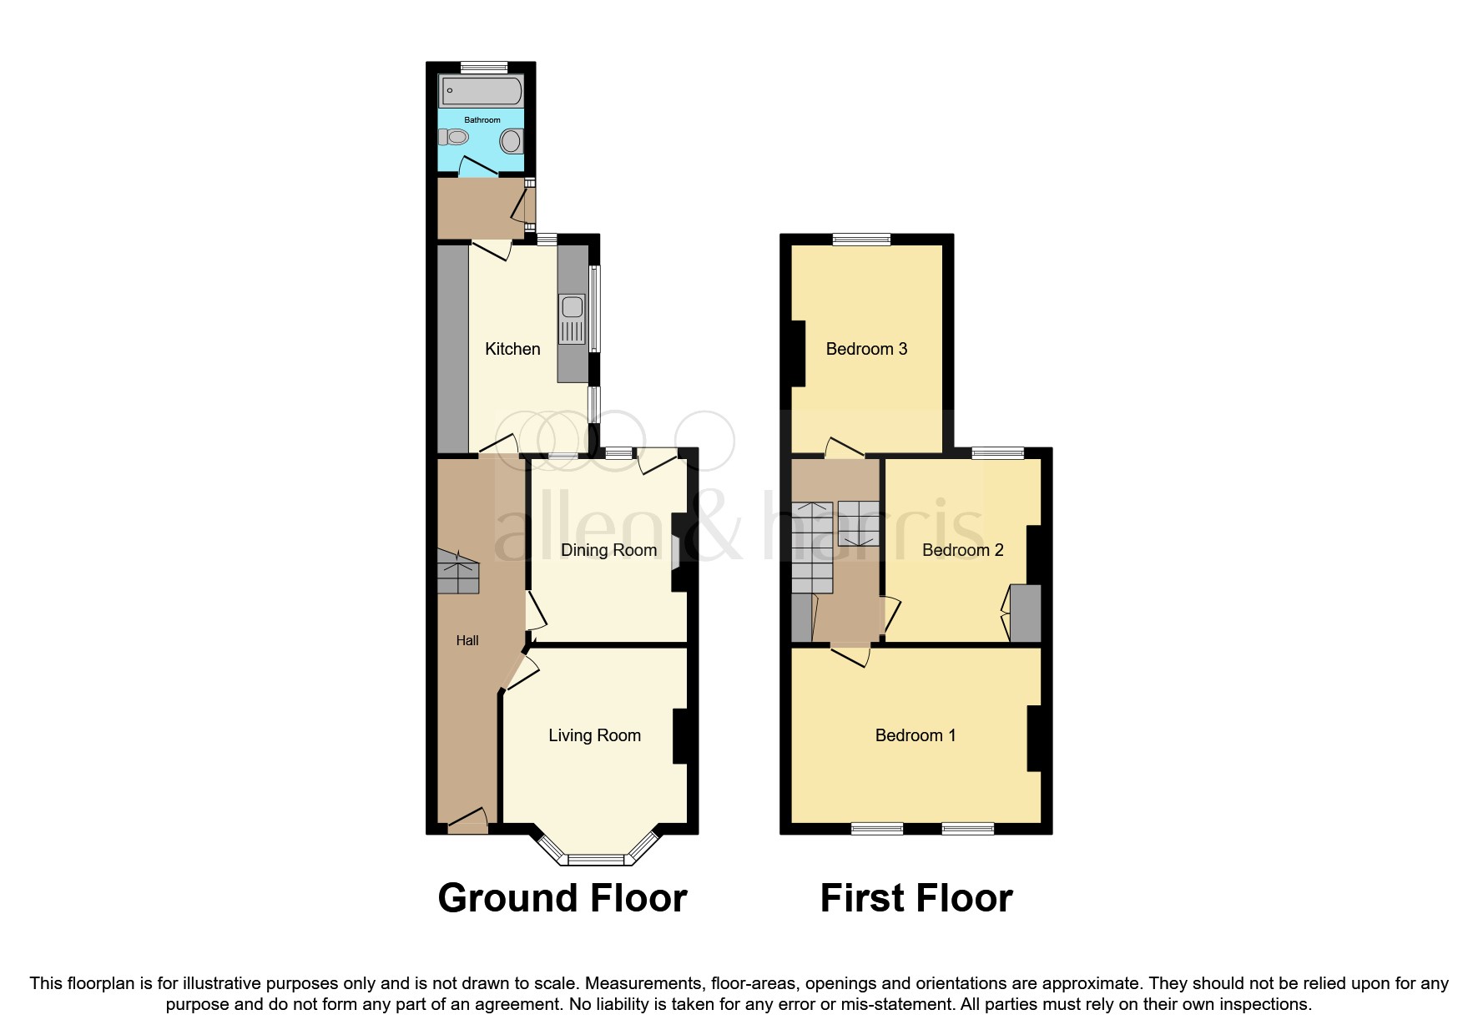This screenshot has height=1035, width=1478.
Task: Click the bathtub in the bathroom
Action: [x=482, y=90]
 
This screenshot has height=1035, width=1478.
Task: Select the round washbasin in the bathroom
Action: [x=511, y=141]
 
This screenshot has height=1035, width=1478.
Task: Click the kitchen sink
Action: [x=573, y=319]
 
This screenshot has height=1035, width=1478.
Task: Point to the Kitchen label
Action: [x=512, y=349]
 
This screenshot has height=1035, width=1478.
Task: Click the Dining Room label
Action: [x=608, y=550]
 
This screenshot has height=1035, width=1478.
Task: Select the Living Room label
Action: [x=594, y=735]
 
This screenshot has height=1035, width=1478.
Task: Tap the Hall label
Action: [x=467, y=640]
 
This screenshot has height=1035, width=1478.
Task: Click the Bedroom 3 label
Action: [x=866, y=349]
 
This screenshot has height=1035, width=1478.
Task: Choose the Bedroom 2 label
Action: [x=962, y=550]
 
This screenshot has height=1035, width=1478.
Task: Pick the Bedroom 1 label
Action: [x=915, y=735]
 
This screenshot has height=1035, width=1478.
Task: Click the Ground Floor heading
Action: [x=562, y=898]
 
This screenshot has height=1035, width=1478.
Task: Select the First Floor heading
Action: [x=916, y=898]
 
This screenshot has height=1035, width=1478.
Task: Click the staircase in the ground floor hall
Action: [x=457, y=573]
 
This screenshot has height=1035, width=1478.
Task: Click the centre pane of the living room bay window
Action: [x=596, y=859]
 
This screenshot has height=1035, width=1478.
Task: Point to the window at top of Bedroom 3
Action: [x=861, y=240]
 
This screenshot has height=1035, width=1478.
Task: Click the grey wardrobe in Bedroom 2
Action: [x=1026, y=613]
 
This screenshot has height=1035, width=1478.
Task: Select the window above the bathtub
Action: [x=484, y=67]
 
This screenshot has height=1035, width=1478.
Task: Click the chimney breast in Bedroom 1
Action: [x=1034, y=738]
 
